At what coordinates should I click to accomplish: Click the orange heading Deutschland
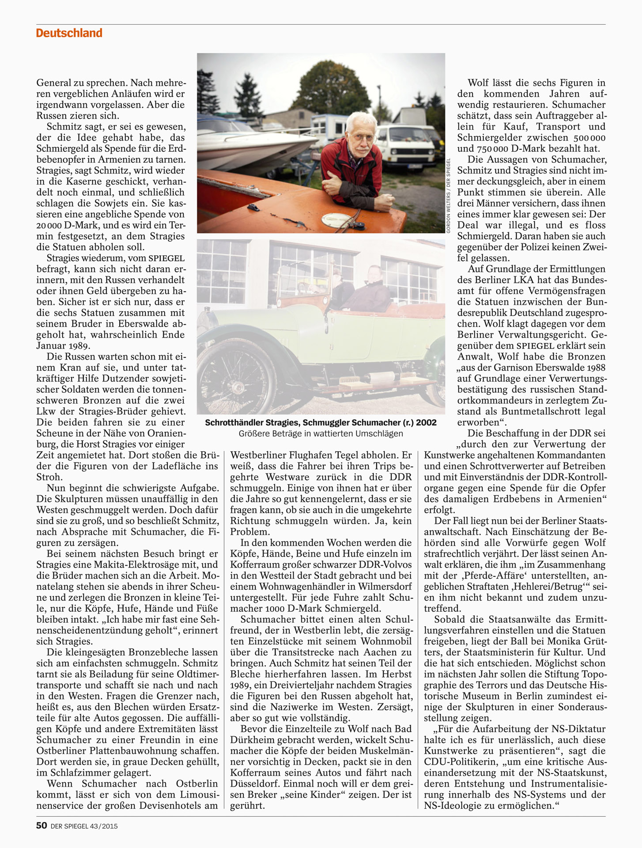[69, 33]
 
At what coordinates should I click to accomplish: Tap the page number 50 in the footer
[42, 825]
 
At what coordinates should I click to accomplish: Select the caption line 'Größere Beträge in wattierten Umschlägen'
[321, 433]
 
